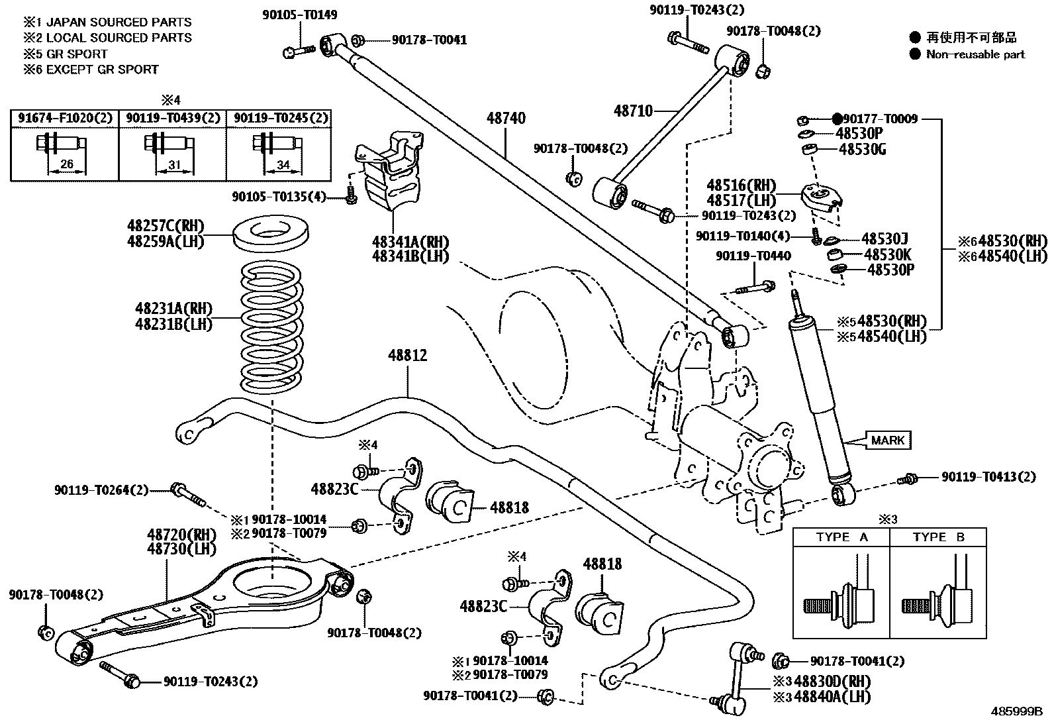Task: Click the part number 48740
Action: point(506,119)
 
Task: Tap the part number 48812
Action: point(407,356)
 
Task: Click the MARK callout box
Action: point(887,440)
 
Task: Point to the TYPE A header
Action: point(841,537)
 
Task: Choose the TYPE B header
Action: point(938,537)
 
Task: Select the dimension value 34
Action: point(283,165)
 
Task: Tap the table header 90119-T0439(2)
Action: point(173,119)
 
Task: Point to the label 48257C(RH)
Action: point(166,225)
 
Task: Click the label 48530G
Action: point(862,149)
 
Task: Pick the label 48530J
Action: point(884,238)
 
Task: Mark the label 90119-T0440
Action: point(753,256)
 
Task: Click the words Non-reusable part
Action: point(975,54)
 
